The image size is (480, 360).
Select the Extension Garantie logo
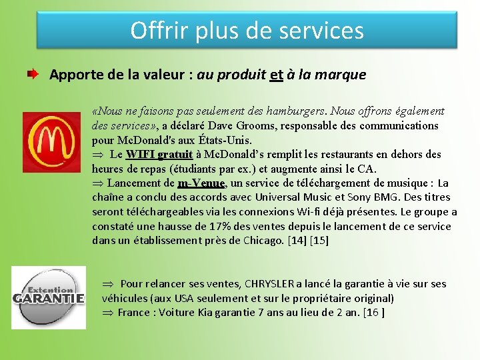click(49, 297)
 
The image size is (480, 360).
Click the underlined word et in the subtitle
click(277, 75)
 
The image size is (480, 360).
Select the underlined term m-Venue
click(202, 183)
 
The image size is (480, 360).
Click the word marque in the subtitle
click(341, 75)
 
